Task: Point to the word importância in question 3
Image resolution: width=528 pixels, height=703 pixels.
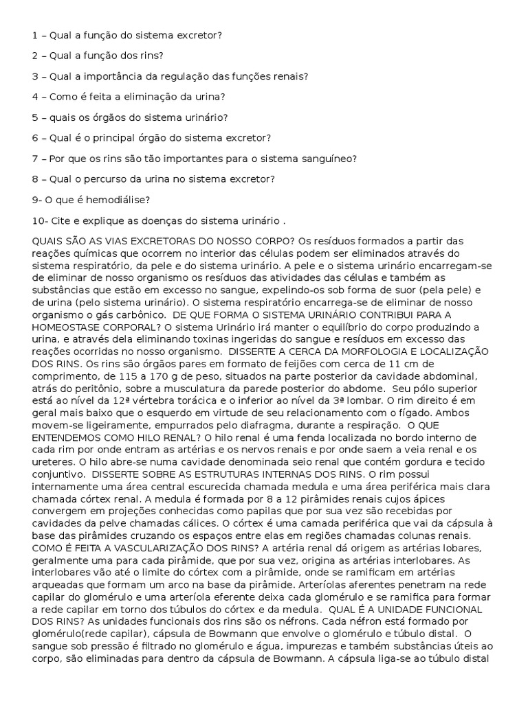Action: coord(111,76)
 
